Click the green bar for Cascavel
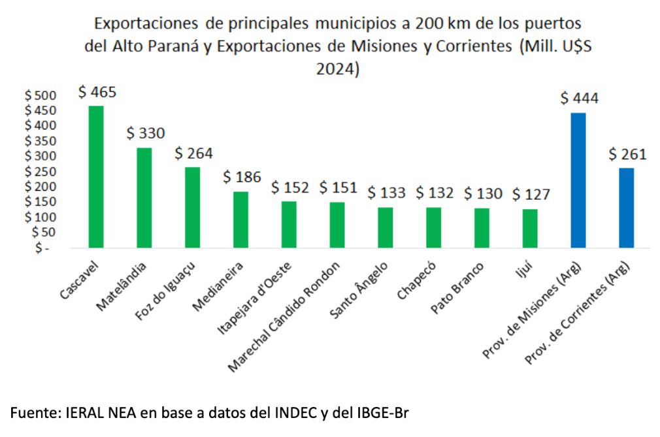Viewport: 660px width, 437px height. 96,176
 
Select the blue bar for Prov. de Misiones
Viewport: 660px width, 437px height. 578,180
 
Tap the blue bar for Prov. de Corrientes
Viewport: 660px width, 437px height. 626,208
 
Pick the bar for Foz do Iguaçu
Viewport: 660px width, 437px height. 192,207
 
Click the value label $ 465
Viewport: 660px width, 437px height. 97,91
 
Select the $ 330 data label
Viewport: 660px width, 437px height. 145,133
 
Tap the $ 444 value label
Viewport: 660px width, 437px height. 579,98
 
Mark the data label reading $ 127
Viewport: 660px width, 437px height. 531,194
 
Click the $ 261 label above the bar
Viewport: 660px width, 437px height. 627,154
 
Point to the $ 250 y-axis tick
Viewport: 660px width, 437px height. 41,171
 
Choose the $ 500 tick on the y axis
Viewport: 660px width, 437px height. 41,95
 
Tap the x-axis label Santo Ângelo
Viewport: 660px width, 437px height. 359,291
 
